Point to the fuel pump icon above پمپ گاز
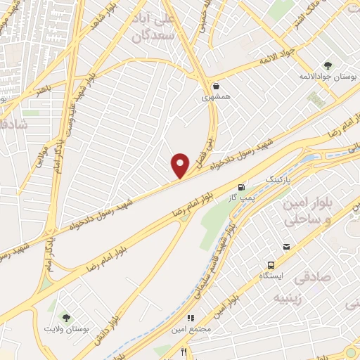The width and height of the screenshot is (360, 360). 242,187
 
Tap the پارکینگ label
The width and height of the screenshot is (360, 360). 276,181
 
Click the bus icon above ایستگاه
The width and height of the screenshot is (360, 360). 270,266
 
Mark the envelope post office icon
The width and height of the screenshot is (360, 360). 287,246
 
